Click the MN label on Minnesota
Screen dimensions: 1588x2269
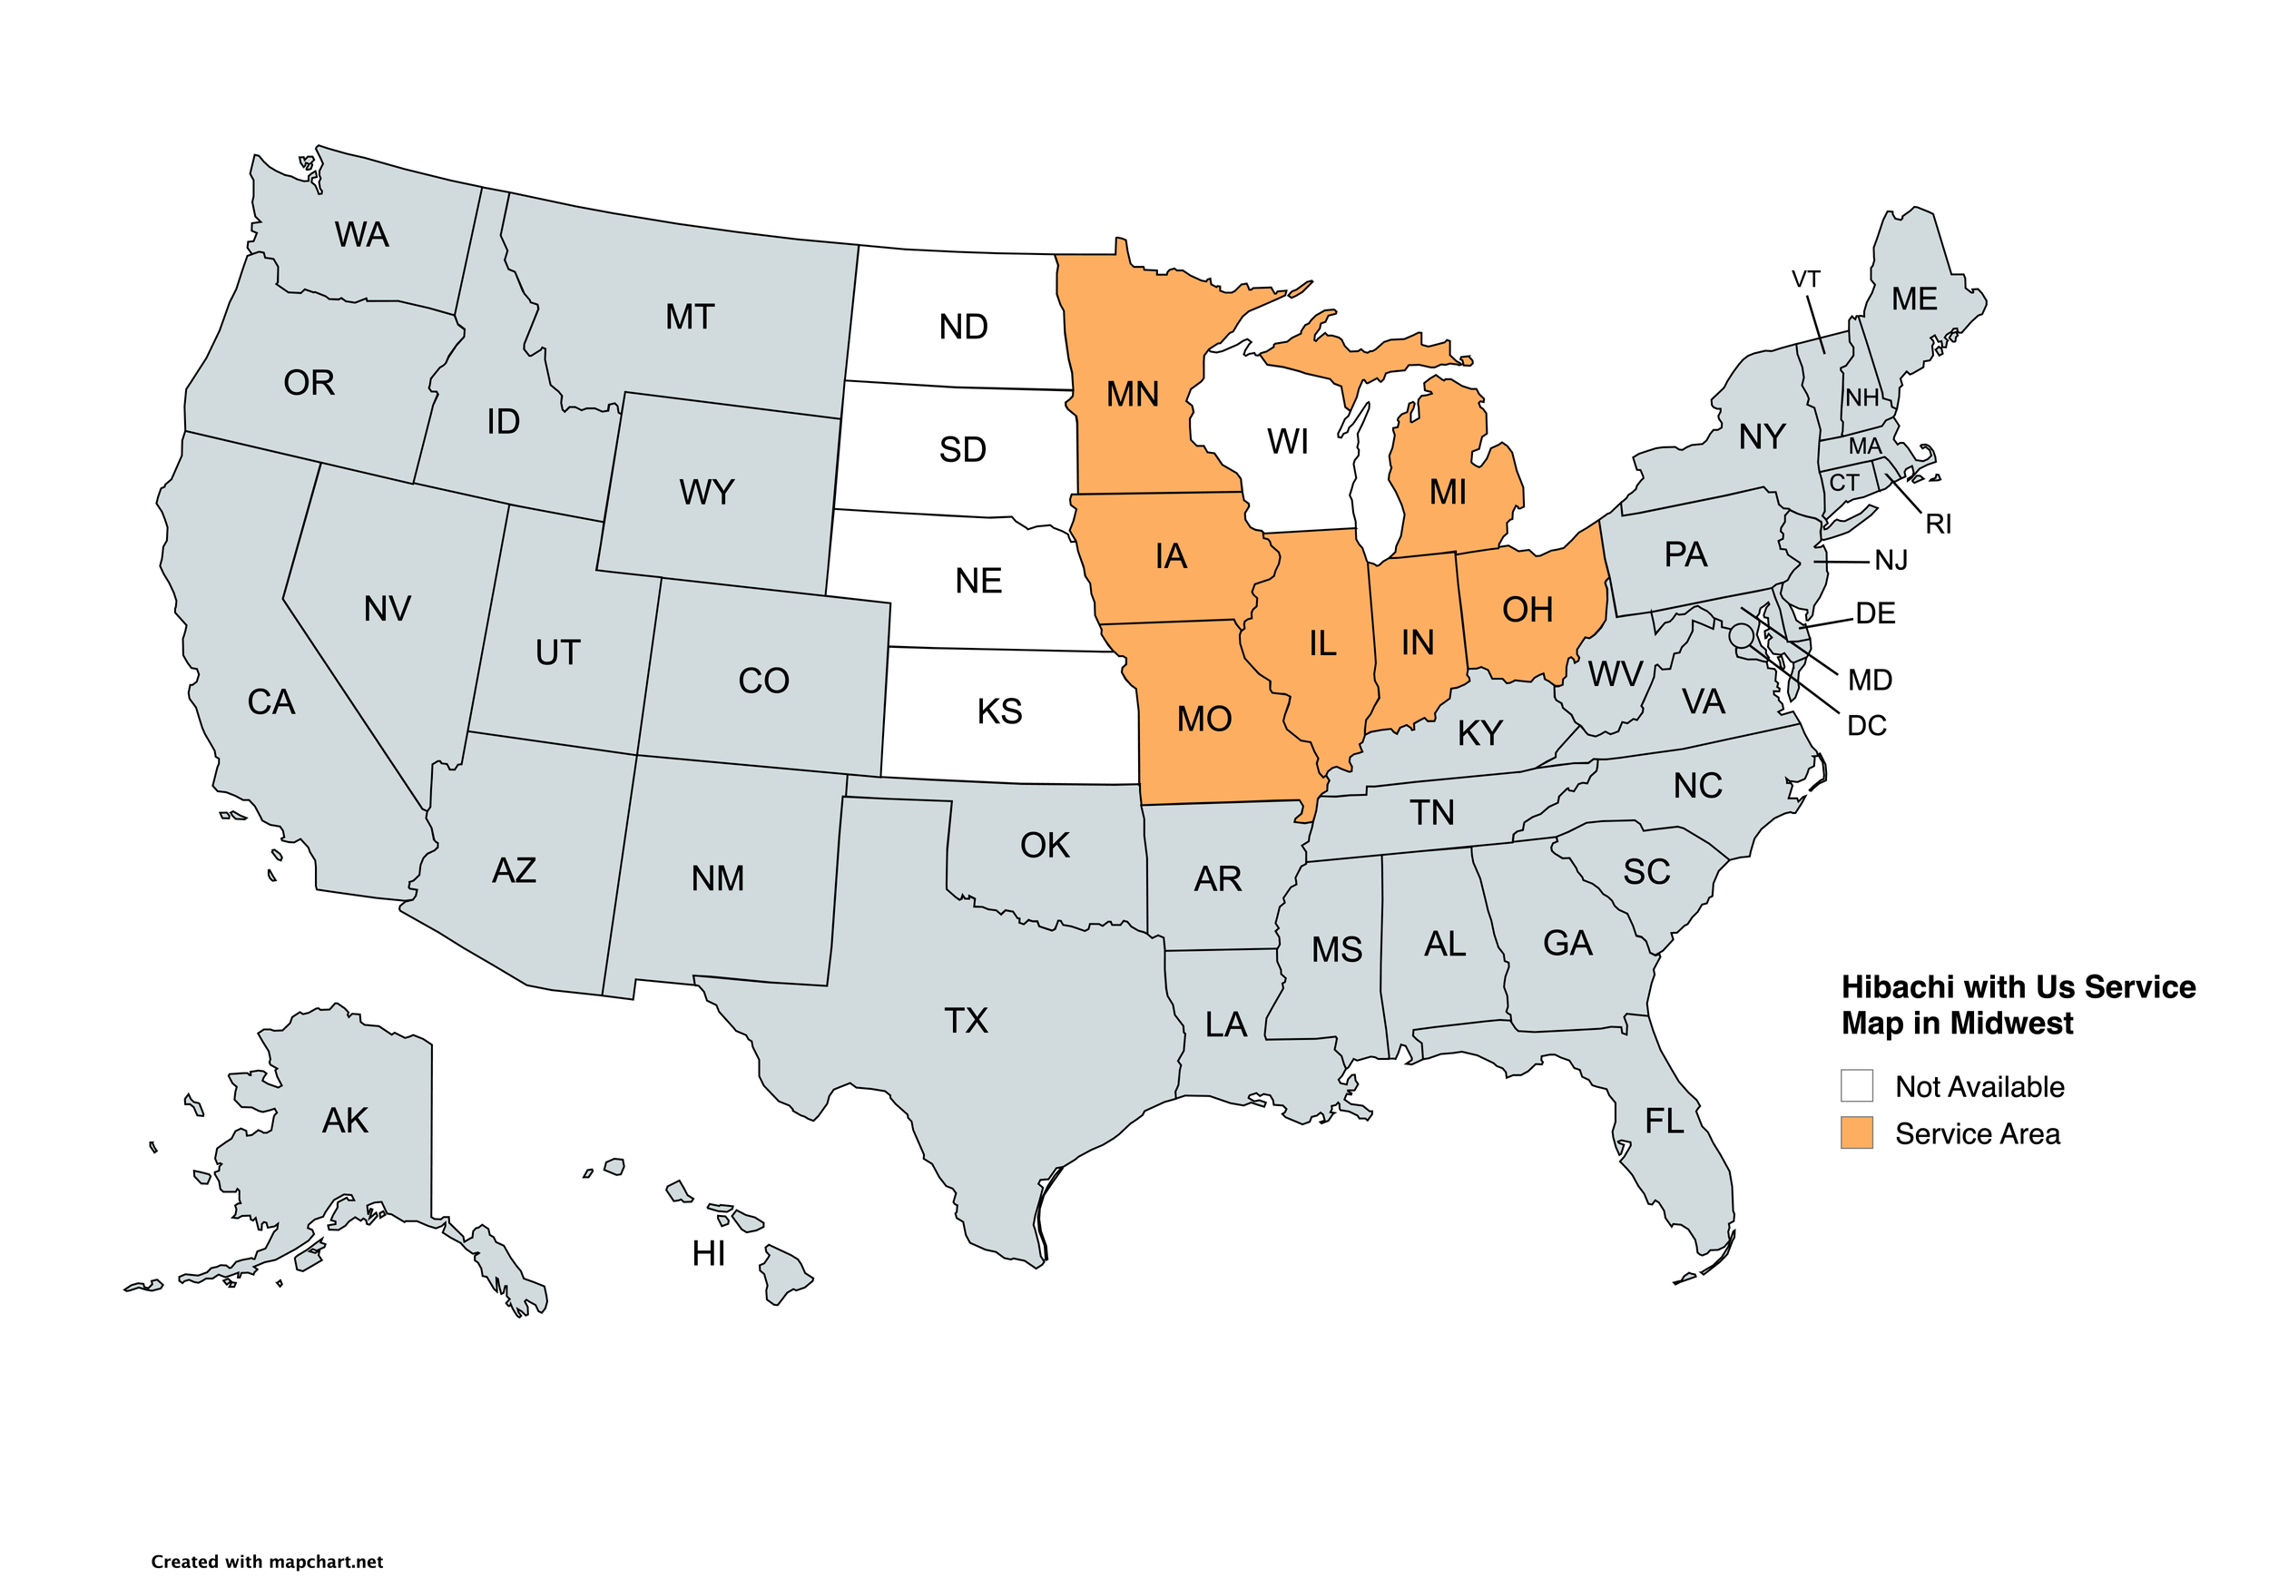[x=1133, y=395]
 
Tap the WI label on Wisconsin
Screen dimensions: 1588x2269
[x=1288, y=442]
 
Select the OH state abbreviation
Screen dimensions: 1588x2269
[x=1527, y=610]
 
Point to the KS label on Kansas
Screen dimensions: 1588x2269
[x=999, y=711]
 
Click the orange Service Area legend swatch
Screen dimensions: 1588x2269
[x=1857, y=1132]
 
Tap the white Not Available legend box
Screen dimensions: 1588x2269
[x=1857, y=1085]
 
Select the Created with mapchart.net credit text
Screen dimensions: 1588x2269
[x=267, y=1562]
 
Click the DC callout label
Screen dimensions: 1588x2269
[x=1867, y=725]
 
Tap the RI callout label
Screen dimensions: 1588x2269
[x=1938, y=524]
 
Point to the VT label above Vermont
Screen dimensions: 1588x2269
[x=1805, y=279]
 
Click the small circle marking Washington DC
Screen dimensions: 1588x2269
[x=1742, y=634]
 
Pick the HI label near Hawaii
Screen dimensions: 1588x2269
[x=709, y=1254]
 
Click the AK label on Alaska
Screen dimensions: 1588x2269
[x=345, y=1121]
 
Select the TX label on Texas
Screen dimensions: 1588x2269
[x=966, y=1021]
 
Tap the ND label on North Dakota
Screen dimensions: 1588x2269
[x=964, y=327]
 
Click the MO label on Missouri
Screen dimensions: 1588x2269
[x=1203, y=719]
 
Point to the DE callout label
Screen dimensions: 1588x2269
[x=1875, y=613]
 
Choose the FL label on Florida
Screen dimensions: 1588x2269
[x=1665, y=1121]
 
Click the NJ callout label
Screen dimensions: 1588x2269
[x=1891, y=560]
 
